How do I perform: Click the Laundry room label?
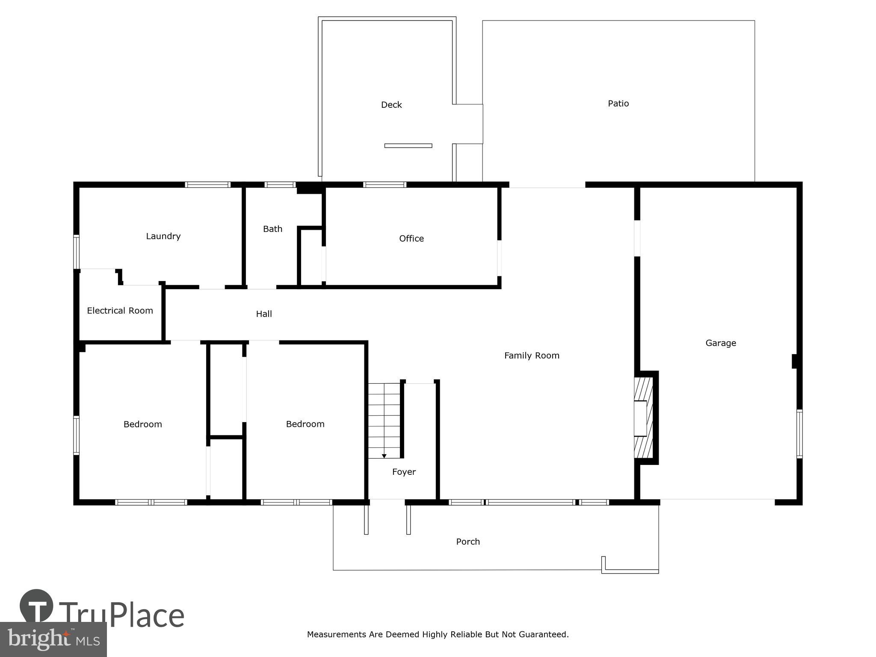(163, 236)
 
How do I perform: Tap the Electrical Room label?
(120, 311)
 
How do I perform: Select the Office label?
(411, 239)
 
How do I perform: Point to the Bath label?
(272, 229)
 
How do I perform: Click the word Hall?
(264, 314)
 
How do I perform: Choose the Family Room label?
(531, 355)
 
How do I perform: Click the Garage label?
(720, 343)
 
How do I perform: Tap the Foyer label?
(404, 472)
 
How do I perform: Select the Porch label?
(468, 542)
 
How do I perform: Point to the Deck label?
(391, 105)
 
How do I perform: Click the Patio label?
(618, 104)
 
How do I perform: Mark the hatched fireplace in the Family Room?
(643, 418)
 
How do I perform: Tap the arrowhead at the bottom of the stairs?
(384, 456)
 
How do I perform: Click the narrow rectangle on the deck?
(408, 146)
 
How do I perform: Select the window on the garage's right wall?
(799, 433)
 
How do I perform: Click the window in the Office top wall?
(385, 185)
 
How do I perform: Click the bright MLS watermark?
(53, 639)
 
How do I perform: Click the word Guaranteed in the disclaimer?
(544, 634)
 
